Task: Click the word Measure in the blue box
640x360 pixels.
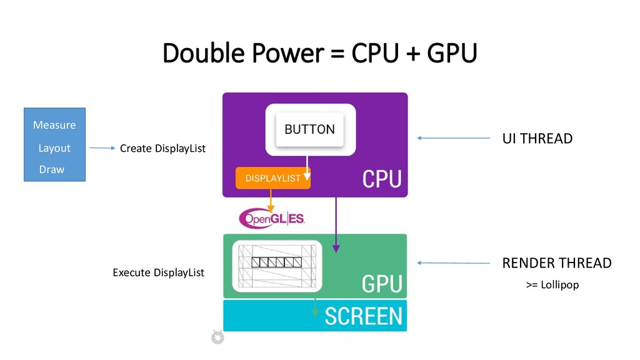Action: click(54, 125)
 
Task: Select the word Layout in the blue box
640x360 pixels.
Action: click(54, 148)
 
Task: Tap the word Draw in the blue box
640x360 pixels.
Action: click(52, 169)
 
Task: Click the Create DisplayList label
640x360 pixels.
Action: click(162, 148)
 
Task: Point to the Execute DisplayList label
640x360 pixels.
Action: click(158, 272)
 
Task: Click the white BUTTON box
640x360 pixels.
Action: click(310, 130)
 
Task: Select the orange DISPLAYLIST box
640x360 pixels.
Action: click(272, 178)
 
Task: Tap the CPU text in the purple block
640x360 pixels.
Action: click(382, 179)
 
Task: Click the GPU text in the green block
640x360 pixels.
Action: click(382, 284)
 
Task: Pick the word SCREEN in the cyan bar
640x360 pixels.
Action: click(363, 316)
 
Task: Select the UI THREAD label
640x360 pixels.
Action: click(537, 139)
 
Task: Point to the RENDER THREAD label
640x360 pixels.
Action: click(556, 263)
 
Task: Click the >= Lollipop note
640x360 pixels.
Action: click(552, 285)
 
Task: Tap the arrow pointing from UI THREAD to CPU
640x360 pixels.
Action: click(454, 138)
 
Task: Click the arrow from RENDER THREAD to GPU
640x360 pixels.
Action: click(454, 263)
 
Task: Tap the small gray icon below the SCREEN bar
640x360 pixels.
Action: click(217, 337)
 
